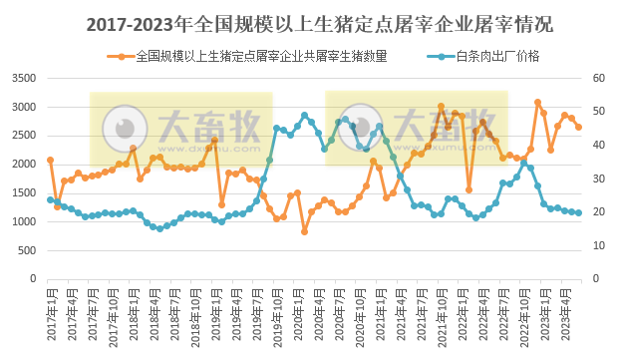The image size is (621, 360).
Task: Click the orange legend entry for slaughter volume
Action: [x=253, y=56]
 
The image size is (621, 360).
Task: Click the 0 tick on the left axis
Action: [x=34, y=279]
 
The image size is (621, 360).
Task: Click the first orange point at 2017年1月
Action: [x=50, y=160]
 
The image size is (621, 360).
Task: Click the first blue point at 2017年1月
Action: [x=50, y=199]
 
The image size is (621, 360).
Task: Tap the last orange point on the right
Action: [x=578, y=127]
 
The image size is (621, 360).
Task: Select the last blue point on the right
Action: [x=578, y=212]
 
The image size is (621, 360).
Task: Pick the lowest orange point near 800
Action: [x=304, y=231]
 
